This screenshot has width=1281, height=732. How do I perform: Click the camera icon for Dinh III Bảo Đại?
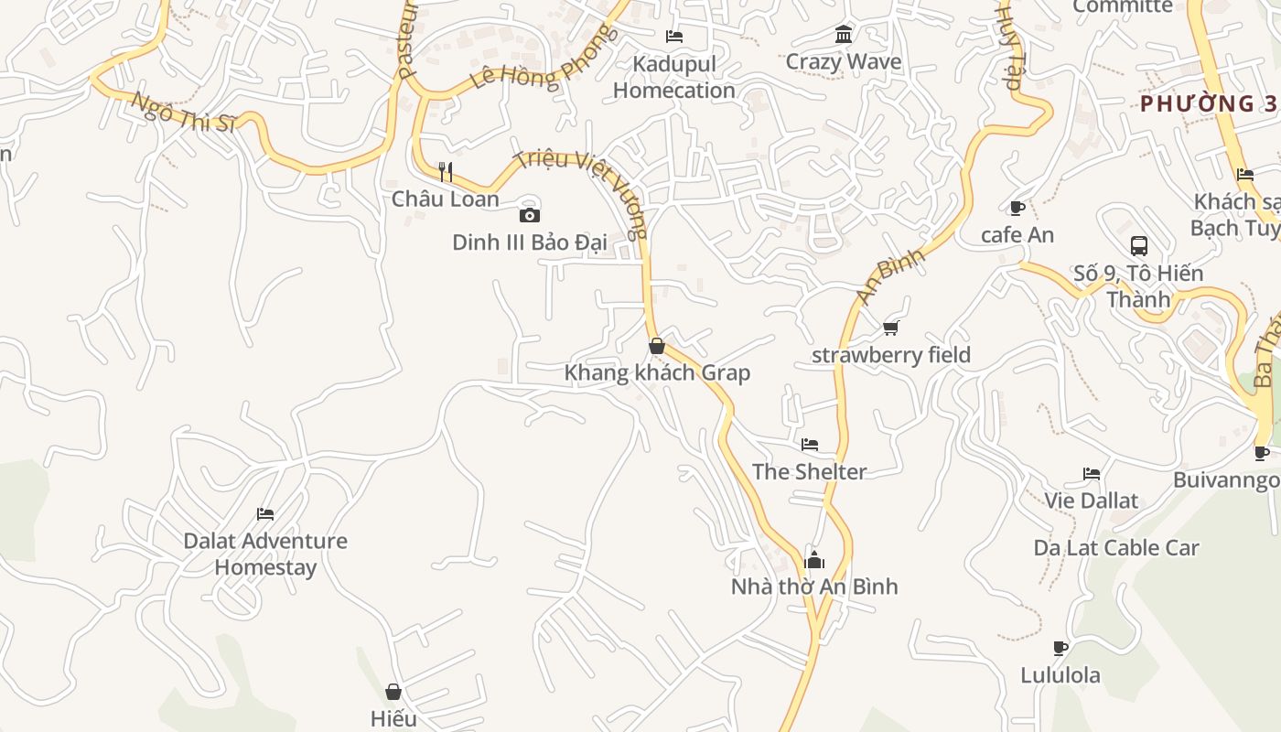529,216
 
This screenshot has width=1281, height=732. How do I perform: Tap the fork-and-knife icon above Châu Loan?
446,171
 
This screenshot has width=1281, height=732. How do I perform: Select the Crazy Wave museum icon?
844,35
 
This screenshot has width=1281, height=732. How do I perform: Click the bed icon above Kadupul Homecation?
674,37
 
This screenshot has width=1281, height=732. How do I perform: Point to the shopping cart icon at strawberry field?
891,328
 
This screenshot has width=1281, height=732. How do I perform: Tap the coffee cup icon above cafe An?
1017,208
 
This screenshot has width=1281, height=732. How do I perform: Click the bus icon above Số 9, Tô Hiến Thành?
1139,245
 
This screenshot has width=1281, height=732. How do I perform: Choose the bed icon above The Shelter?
810,445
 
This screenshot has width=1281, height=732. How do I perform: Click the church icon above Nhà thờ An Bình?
814,560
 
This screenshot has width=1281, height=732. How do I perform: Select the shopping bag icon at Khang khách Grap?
657,346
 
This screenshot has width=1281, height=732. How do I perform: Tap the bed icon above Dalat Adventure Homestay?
265,513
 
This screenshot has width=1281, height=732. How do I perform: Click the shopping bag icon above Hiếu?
393,692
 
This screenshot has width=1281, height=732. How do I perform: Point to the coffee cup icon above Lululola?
1060,649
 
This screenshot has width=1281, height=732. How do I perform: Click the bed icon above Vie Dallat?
1092,474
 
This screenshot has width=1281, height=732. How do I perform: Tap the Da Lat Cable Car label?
1116,548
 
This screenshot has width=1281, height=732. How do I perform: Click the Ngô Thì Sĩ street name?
182,113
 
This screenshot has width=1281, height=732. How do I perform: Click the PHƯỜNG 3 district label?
1208,103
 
